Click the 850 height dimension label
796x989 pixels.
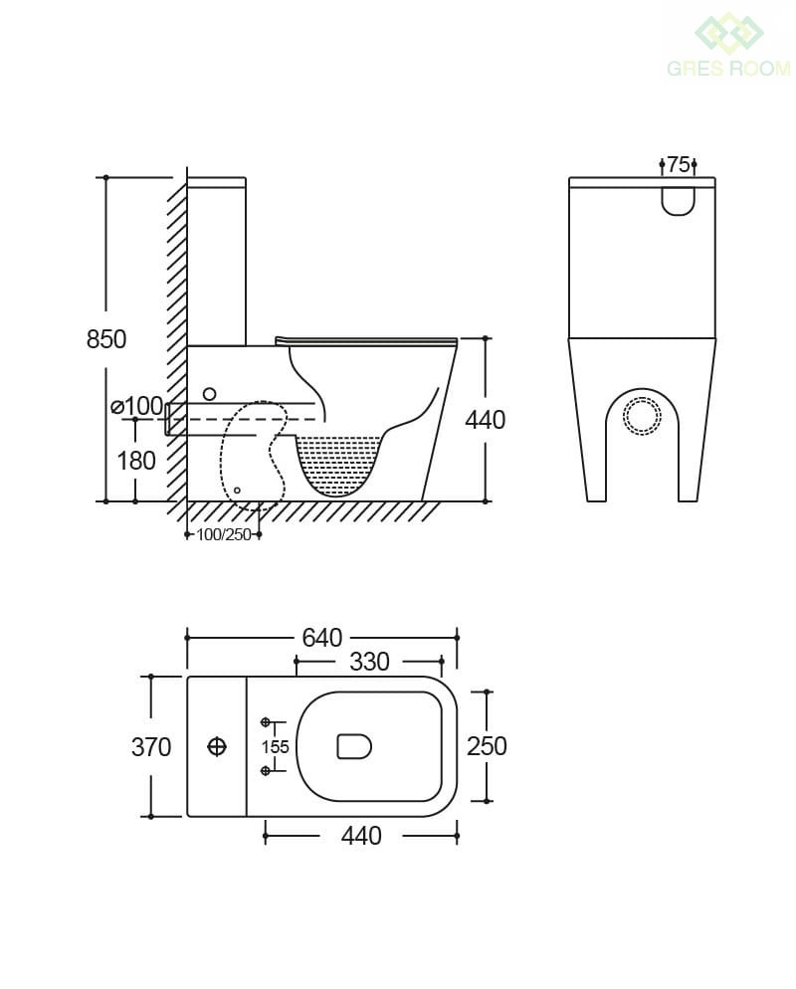click(106, 339)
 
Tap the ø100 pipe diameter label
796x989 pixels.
click(137, 406)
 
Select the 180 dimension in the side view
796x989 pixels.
click(136, 461)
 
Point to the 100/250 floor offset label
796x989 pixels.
click(224, 535)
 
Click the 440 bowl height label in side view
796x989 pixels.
click(485, 420)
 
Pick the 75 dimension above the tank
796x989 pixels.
click(678, 164)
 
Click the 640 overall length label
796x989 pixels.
click(321, 638)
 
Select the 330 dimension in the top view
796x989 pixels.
click(369, 662)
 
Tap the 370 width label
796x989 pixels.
click(151, 747)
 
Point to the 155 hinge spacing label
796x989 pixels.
click(275, 747)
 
